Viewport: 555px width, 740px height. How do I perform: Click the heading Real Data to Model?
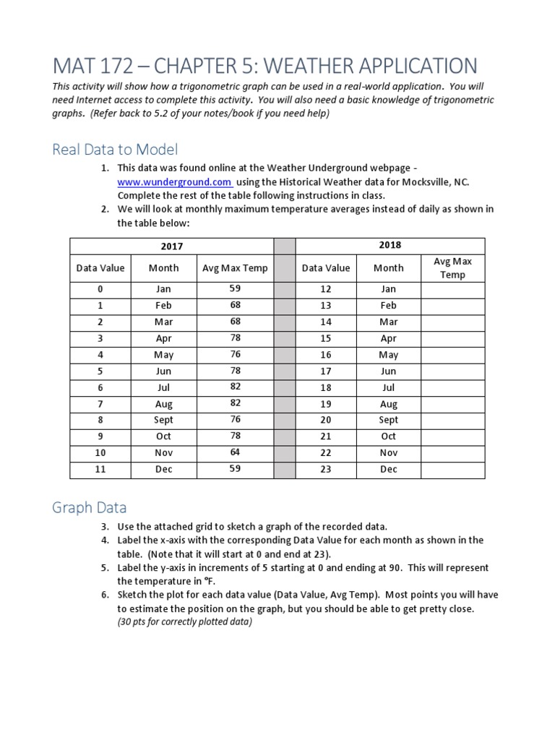115,150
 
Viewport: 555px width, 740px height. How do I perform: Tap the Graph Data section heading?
89,507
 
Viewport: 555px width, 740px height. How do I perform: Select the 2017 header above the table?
171,246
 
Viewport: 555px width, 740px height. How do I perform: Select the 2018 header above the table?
390,245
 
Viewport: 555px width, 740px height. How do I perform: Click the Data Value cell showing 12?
326,289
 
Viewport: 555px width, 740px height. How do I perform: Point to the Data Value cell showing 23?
326,469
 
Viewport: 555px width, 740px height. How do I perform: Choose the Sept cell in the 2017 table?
163,420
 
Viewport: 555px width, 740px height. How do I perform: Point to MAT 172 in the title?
92,66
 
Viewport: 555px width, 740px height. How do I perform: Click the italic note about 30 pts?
184,622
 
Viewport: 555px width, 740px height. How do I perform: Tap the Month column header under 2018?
389,267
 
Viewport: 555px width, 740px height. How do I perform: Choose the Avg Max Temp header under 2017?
235,268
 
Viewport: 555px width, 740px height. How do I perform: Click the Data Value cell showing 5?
100,371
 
